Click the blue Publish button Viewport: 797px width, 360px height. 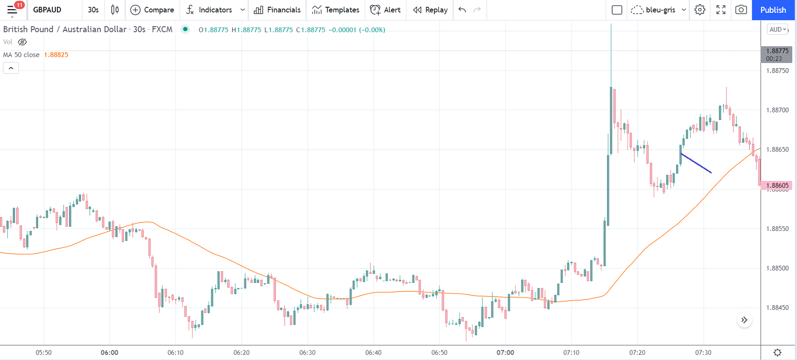[x=773, y=10]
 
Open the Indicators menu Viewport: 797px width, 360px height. [x=209, y=10]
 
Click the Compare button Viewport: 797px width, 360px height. [x=152, y=10]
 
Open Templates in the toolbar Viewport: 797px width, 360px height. [x=336, y=10]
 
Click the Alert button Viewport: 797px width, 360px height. [x=386, y=10]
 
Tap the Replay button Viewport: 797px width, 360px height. [x=430, y=10]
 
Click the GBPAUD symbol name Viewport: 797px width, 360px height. [x=47, y=10]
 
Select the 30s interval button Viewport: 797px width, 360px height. [x=93, y=10]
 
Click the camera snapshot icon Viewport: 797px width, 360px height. [x=741, y=10]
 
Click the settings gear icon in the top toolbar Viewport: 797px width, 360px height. [x=699, y=10]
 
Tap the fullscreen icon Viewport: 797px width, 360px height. [x=720, y=10]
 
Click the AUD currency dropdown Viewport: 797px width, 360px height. [x=777, y=30]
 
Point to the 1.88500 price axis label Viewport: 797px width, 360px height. [x=777, y=268]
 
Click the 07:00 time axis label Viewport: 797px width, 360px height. [x=505, y=353]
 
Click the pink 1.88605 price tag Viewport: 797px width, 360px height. [x=777, y=185]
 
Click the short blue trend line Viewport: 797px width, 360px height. [x=696, y=163]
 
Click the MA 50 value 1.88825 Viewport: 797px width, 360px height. [x=56, y=55]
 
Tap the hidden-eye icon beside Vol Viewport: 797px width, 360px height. [x=22, y=42]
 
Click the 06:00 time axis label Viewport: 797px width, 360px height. [x=110, y=353]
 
